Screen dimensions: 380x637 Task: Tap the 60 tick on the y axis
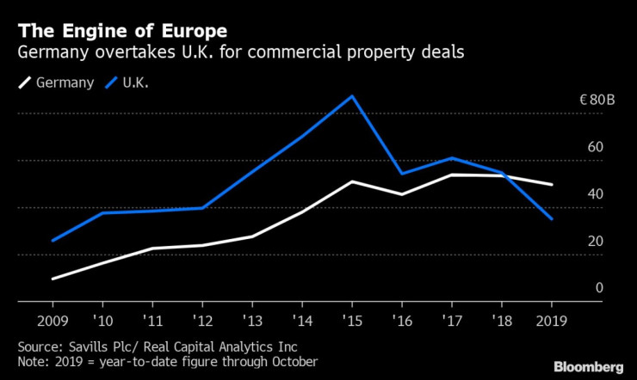[x=594, y=148]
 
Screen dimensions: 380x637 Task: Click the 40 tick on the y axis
[x=594, y=195]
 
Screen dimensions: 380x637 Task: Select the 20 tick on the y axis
[x=594, y=242]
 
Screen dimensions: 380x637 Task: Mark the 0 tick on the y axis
[x=598, y=289]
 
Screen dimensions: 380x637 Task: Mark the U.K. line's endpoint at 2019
[x=552, y=219]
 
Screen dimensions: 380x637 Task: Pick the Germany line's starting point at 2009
[x=53, y=279]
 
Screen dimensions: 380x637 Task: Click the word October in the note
[x=293, y=362]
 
